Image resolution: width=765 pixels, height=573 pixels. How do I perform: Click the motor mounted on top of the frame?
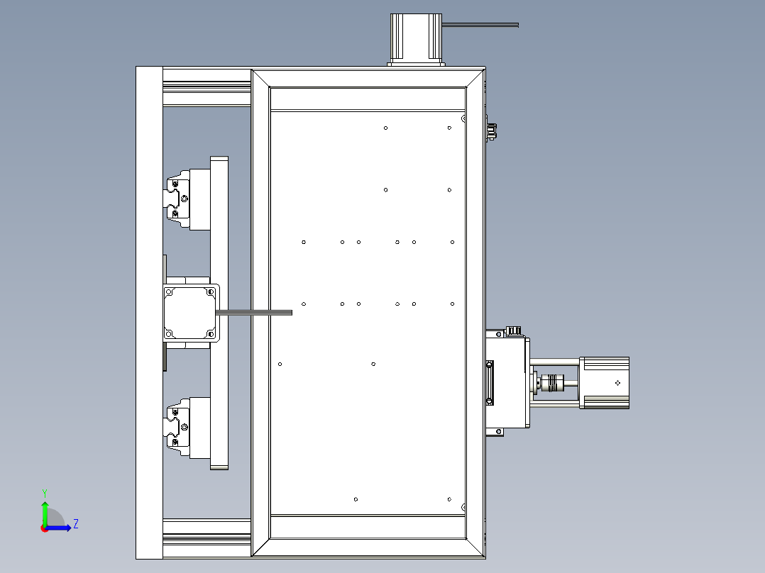click(417, 39)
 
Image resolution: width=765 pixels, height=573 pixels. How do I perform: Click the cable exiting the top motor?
click(483, 26)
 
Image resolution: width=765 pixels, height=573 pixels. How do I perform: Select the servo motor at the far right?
click(605, 383)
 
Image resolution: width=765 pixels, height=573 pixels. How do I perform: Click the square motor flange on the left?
click(189, 313)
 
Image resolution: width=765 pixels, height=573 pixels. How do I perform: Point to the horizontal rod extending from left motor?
click(255, 312)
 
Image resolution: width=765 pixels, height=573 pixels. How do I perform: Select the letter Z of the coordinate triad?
click(75, 524)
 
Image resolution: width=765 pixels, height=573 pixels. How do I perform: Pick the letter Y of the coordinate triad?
click(45, 491)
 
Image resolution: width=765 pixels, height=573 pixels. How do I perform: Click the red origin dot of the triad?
click(44, 528)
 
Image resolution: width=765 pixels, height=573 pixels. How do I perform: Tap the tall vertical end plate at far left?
click(149, 312)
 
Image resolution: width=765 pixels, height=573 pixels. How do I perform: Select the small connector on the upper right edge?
click(491, 131)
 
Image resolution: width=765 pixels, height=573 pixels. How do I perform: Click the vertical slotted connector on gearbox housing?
click(489, 383)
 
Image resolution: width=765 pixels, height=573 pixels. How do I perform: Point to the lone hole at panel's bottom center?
click(356, 499)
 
